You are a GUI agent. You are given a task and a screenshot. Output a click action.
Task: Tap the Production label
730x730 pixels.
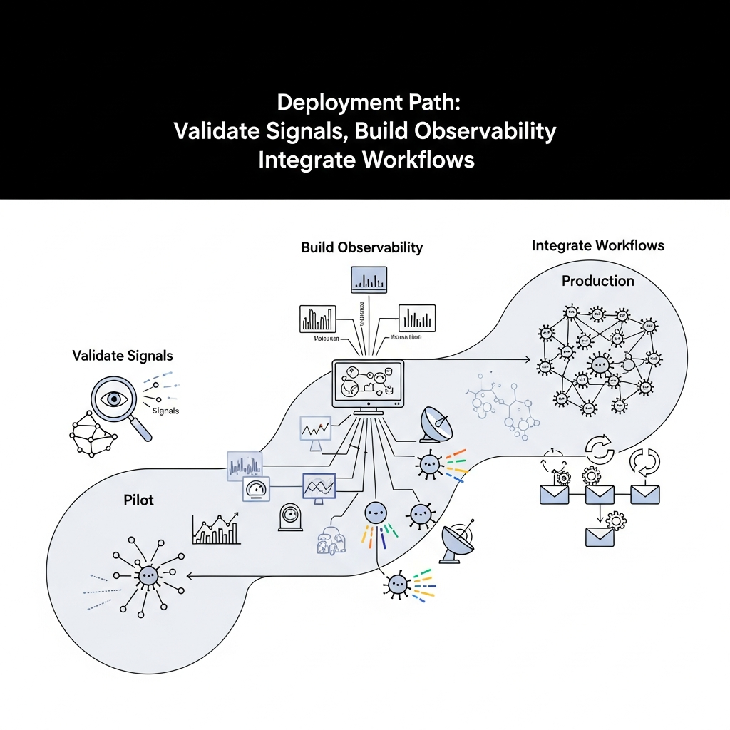597,281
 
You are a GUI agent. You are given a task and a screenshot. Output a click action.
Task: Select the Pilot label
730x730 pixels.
138,500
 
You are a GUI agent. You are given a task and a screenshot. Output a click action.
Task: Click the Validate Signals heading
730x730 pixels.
123,355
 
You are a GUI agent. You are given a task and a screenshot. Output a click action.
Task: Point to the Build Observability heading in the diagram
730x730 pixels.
361,247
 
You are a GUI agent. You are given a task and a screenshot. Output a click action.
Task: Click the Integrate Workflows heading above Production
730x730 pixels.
597,246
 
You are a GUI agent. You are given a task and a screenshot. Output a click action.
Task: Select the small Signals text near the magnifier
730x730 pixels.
165,411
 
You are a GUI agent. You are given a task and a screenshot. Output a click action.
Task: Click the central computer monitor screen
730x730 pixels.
368,384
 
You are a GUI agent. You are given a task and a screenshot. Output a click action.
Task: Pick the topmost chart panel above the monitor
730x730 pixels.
369,279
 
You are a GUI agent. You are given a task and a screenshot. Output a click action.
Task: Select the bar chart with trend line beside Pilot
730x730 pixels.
216,528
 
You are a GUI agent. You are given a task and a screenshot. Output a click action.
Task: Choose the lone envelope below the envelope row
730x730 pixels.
599,536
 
